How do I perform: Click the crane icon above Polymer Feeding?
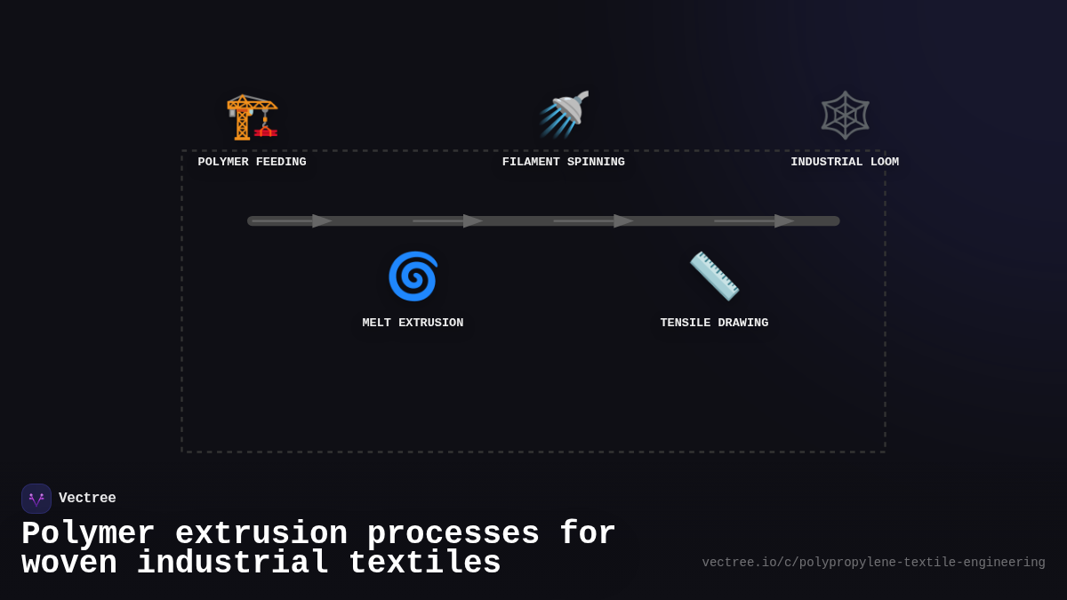point(252,116)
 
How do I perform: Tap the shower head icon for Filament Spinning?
point(564,115)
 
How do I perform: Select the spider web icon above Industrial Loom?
point(845,115)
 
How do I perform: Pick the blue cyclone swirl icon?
point(413,276)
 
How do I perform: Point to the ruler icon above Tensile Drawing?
point(714,276)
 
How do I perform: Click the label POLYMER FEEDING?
point(252,162)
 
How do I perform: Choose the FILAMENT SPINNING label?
point(564,162)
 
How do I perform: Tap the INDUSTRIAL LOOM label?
point(845,162)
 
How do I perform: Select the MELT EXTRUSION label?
point(413,323)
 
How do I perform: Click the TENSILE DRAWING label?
point(714,323)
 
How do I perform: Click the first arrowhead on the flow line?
point(322,220)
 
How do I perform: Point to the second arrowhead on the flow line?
point(473,220)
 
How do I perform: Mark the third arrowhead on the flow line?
point(623,220)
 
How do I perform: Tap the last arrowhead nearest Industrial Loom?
point(784,220)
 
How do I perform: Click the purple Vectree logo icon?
point(36,499)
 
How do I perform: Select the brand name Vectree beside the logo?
point(87,499)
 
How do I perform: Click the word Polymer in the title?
point(88,534)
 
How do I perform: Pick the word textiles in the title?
point(424,564)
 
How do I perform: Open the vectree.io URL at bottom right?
point(873,563)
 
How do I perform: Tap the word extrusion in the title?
point(261,534)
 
